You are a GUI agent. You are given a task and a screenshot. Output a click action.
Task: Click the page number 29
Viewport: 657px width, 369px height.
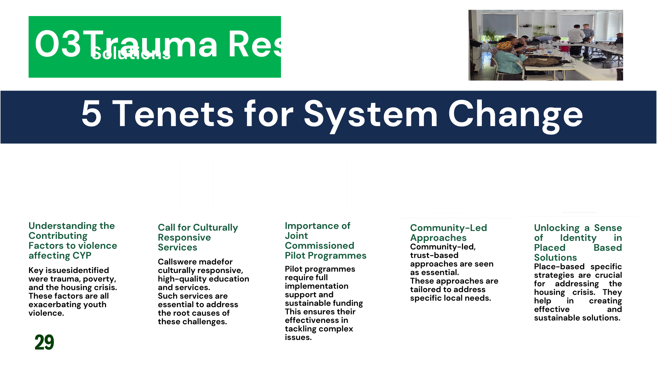(44, 342)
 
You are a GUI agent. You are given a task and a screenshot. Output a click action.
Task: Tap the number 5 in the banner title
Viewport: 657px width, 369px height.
(91, 114)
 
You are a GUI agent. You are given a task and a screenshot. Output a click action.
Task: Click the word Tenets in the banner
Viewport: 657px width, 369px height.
(173, 114)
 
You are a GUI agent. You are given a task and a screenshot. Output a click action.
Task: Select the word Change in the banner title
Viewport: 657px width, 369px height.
(515, 115)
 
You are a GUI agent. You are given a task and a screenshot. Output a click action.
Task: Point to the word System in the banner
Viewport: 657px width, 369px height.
(371, 115)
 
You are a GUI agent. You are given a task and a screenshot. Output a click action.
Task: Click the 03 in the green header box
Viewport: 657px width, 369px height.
(57, 44)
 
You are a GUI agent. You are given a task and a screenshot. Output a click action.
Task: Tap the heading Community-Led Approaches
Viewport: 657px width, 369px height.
(448, 233)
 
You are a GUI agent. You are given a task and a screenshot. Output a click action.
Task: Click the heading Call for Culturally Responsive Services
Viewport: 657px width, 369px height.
(197, 237)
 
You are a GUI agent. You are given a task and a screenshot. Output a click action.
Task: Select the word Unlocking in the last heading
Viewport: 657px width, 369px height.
(557, 228)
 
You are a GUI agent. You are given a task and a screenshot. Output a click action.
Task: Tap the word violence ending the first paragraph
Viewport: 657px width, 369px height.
(46, 313)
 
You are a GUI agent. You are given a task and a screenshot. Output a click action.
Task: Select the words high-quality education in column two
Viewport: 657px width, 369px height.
(203, 279)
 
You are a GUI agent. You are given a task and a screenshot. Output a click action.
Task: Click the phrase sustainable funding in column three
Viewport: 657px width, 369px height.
(324, 303)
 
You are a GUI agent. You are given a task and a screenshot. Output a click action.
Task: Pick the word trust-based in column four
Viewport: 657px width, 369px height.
(434, 255)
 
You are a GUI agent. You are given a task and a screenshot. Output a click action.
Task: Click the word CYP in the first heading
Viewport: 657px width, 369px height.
(82, 256)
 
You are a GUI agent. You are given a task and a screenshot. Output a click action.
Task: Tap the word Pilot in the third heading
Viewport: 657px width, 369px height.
(295, 256)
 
